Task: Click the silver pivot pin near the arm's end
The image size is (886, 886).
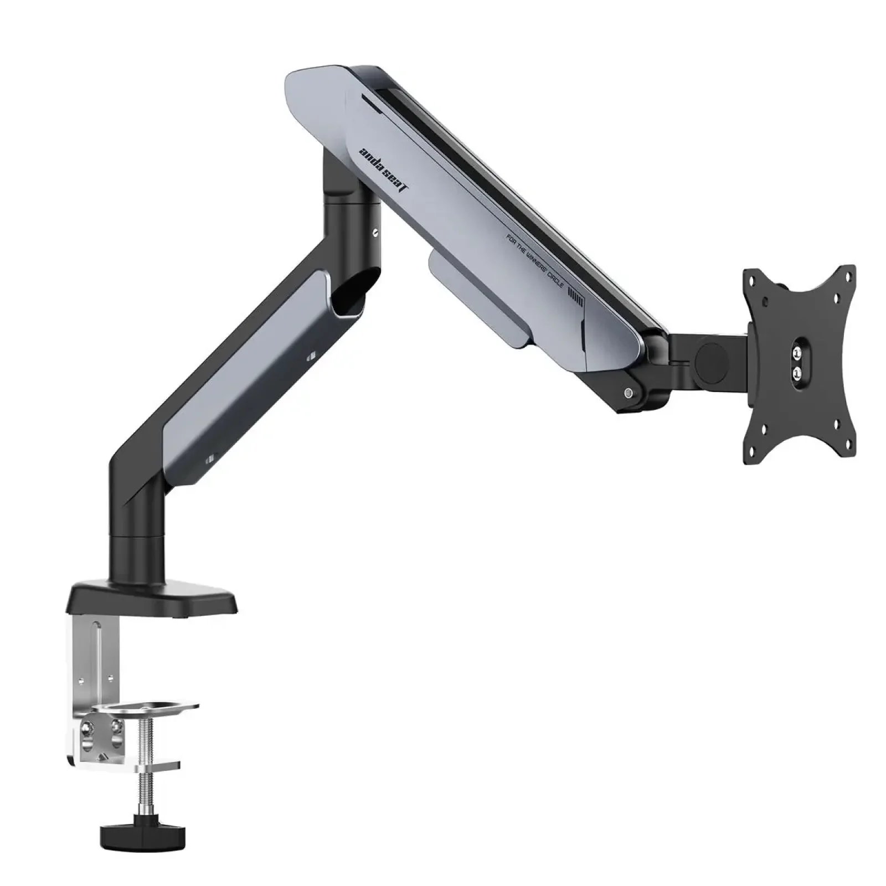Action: (627, 394)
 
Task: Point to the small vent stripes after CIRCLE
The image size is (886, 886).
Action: (576, 302)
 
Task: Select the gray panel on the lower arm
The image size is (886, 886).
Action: (244, 377)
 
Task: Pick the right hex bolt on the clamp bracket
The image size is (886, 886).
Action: (115, 725)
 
